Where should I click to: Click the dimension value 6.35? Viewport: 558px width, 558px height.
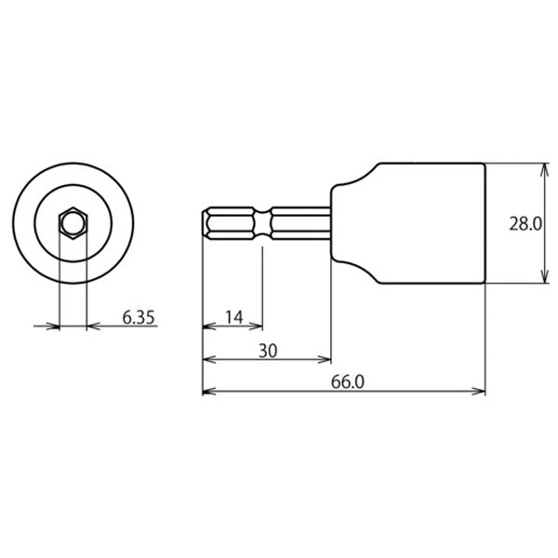point(138,318)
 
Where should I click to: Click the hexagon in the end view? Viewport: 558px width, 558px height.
point(73,223)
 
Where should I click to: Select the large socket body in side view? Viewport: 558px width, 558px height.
point(428,223)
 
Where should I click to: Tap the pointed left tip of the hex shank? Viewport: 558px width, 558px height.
point(204,223)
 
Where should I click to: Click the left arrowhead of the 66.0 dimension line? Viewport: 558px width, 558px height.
point(208,392)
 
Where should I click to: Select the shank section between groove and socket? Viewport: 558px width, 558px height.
point(299,223)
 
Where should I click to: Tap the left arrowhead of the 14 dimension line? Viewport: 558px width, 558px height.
point(208,326)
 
